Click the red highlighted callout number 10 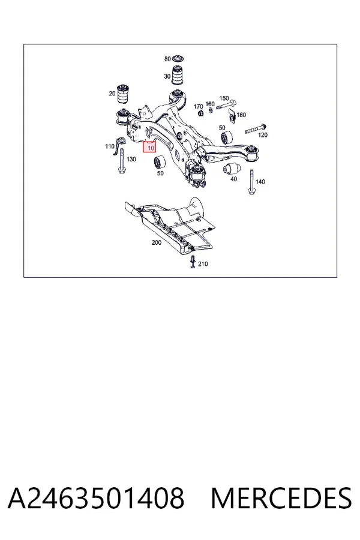tap(150, 148)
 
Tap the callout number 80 tap(167, 59)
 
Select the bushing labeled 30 tap(178, 75)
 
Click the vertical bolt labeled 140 tap(252, 182)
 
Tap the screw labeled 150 tap(227, 104)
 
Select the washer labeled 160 tap(211, 110)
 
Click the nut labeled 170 tap(200, 113)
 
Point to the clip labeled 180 tap(232, 115)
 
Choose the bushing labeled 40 tap(231, 169)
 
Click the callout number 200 tap(157, 242)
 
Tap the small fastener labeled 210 tap(193, 262)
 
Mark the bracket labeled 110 tap(120, 145)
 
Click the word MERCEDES tap(281, 498)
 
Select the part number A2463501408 tap(96, 498)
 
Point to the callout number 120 tap(263, 135)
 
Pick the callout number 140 tap(260, 181)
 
